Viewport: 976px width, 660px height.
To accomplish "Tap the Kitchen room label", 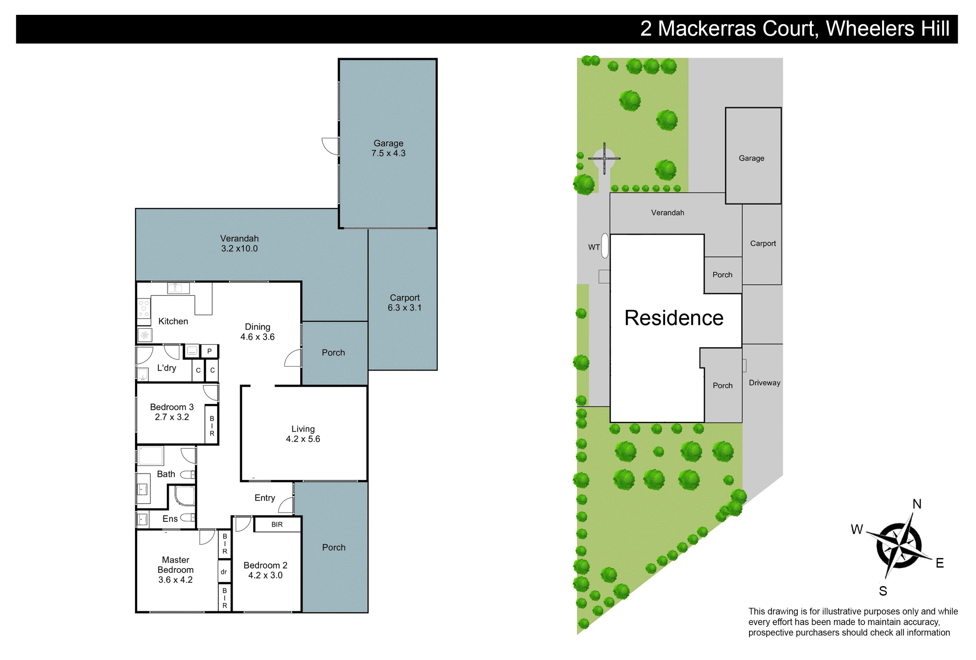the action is (173, 321).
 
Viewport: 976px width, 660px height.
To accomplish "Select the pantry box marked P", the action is (209, 351).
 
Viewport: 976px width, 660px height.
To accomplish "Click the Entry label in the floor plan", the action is (264, 498).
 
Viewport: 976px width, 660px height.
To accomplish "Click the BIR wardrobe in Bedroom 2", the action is (277, 524).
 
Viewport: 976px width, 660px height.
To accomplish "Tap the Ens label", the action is (170, 519).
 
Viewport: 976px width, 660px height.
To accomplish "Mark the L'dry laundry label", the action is (167, 368).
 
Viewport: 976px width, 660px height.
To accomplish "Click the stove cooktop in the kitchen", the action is (144, 308).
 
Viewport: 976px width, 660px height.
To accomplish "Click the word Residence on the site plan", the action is (674, 318).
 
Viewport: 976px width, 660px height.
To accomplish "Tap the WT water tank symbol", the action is (605, 245).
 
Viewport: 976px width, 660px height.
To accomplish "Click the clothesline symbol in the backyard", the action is (604, 158).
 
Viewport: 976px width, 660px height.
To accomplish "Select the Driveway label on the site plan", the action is (764, 383).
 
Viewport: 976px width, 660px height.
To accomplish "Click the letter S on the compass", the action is (883, 591).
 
